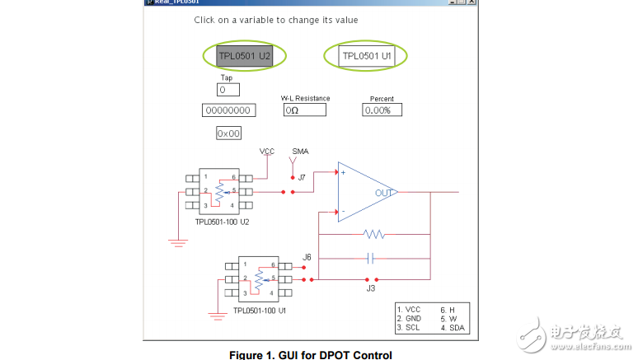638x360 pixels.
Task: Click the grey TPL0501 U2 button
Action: tap(245, 56)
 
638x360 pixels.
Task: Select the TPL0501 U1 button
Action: tap(367, 56)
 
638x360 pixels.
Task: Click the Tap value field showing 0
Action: tap(228, 90)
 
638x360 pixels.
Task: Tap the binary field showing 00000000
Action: tap(228, 110)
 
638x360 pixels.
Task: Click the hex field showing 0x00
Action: tap(228, 133)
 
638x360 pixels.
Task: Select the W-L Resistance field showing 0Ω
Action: tap(305, 110)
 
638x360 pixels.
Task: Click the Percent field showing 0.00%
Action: tap(382, 110)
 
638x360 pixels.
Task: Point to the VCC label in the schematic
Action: tap(267, 152)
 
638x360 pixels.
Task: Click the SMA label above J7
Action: tap(300, 152)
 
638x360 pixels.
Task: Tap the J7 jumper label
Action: tap(302, 177)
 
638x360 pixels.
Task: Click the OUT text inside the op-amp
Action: tap(384, 193)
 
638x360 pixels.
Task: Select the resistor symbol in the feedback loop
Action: tap(374, 235)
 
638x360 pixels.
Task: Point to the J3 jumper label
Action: tap(371, 288)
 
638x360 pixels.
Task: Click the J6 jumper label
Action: tap(307, 257)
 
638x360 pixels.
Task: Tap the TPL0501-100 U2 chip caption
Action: tap(223, 222)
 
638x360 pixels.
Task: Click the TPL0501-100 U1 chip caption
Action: tap(260, 311)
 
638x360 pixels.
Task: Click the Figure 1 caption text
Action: tap(310, 354)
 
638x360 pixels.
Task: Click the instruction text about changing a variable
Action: tap(276, 20)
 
